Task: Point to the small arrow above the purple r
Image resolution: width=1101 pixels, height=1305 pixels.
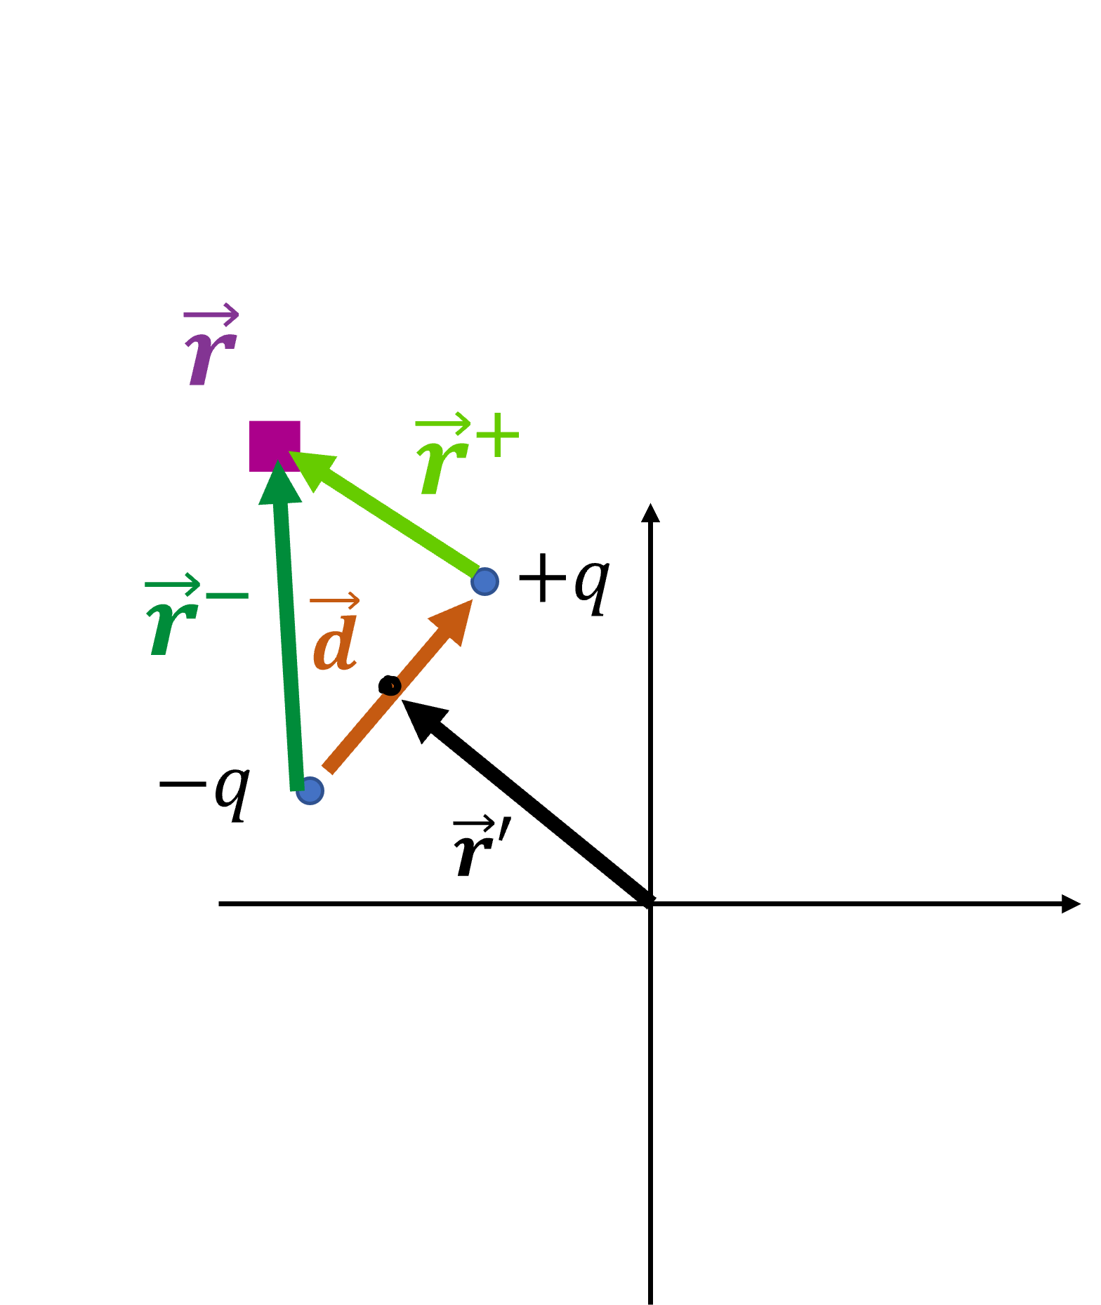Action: click(x=211, y=315)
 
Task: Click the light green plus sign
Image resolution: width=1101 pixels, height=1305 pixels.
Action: click(x=497, y=435)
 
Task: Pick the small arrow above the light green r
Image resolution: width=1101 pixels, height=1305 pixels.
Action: click(x=442, y=424)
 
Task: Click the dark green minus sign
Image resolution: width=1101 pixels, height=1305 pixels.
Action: click(x=227, y=596)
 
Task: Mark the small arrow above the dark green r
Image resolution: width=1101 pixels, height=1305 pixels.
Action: click(x=173, y=584)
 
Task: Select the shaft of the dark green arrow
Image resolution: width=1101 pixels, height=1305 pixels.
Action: click(x=289, y=646)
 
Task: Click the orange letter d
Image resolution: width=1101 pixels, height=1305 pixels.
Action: click(x=336, y=643)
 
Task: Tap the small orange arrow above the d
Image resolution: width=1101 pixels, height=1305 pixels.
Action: click(x=335, y=601)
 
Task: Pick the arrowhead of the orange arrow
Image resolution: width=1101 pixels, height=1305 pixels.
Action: click(x=456, y=618)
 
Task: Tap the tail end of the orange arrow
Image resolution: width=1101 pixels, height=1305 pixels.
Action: click(x=328, y=769)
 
